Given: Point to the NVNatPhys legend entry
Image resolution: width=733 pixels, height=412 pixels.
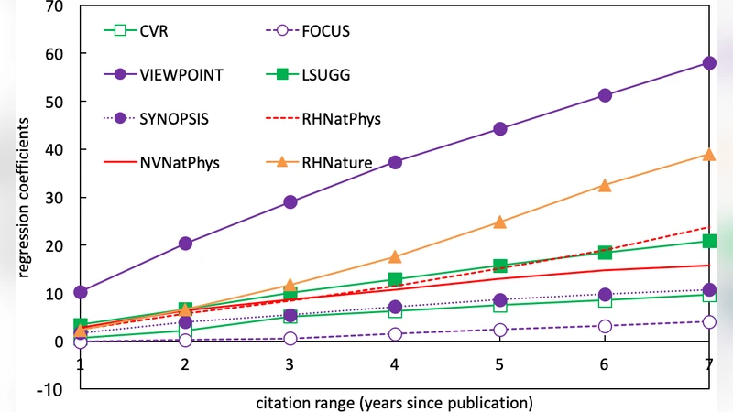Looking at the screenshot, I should click(176, 162).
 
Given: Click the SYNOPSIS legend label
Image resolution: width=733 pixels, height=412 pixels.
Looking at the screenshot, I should click(170, 119).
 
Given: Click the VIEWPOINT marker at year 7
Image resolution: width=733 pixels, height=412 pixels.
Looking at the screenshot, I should click(709, 63).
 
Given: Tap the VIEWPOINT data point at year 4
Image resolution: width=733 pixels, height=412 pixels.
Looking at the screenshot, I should click(395, 162).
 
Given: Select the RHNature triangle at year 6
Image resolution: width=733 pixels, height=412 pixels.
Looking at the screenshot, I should click(605, 185).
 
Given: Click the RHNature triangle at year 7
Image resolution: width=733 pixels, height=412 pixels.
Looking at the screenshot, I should click(709, 155).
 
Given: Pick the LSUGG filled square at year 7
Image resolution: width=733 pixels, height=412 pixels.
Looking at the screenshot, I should click(709, 241).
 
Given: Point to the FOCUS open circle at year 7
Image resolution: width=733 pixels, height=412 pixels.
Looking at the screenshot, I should click(709, 322).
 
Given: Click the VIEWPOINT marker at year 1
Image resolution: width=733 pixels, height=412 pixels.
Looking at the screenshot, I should click(81, 292).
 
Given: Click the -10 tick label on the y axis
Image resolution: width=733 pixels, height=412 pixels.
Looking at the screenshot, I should click(50, 390).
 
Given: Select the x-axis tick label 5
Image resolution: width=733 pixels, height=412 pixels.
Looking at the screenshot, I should click(499, 363).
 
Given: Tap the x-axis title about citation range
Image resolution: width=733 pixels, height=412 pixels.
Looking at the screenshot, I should click(394, 401).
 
